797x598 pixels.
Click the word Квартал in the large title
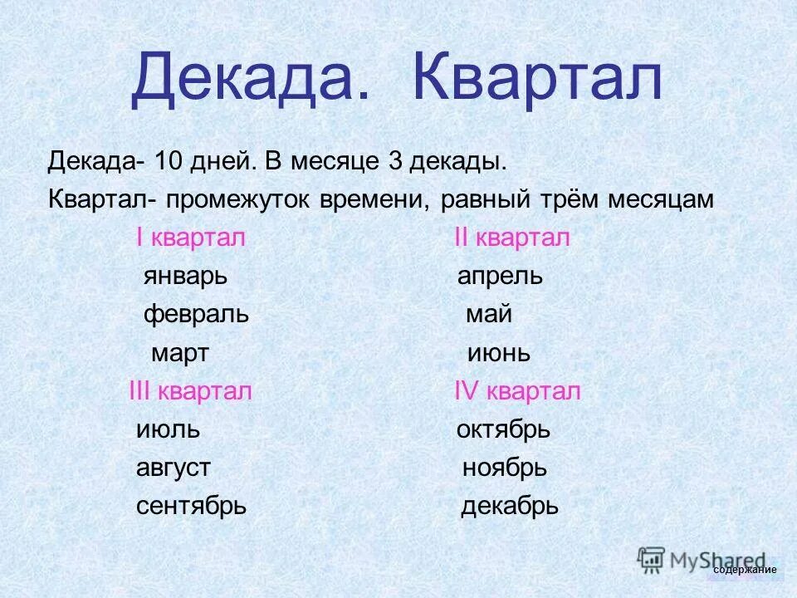[x=538, y=80]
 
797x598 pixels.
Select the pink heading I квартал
[x=191, y=238]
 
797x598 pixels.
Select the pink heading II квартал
[x=512, y=238]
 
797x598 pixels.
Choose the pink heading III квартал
[x=190, y=392]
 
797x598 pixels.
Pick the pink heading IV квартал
[x=517, y=392]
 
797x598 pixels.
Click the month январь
[x=183, y=277]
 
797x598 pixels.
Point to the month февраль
[x=196, y=316]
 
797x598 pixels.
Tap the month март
[x=179, y=354]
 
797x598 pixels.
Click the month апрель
[x=500, y=277]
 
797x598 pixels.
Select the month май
[x=488, y=316]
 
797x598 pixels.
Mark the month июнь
[x=498, y=354]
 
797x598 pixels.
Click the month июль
[x=168, y=430]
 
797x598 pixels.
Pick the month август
[x=173, y=468]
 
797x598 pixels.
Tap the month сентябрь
[x=191, y=507]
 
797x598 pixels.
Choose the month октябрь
[x=503, y=430]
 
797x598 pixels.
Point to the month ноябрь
[x=504, y=468]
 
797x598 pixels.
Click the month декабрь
[x=509, y=507]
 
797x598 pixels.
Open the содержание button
[x=745, y=570]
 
